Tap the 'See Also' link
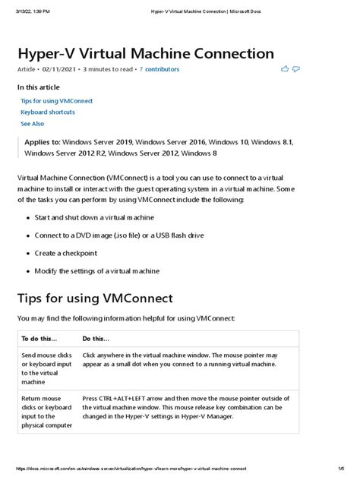click(33, 123)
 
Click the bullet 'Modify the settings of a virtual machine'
click(107, 270)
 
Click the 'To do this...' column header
click(39, 339)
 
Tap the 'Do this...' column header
click(96, 339)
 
